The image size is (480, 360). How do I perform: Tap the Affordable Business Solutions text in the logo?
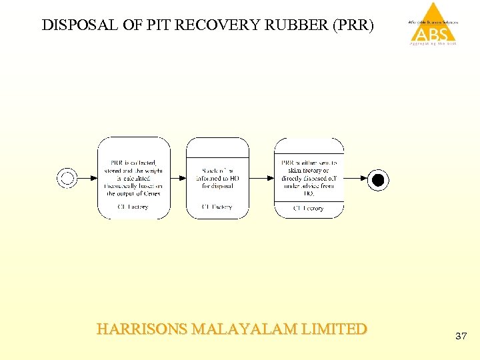[x=434, y=23]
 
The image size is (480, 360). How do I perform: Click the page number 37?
[x=461, y=336]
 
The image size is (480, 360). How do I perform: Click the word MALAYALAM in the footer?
[x=245, y=329]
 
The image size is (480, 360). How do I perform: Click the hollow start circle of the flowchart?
[x=67, y=178]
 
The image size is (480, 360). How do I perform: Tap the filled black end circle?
[x=378, y=179]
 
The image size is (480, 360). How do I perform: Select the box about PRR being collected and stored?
[x=133, y=178]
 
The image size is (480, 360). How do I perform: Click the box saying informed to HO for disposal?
[x=217, y=178]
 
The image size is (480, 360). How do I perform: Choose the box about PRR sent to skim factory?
[x=309, y=178]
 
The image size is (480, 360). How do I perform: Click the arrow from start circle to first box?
[x=87, y=178]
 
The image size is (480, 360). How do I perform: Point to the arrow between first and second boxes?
[x=177, y=178]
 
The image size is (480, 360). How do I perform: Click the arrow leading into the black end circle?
[x=356, y=178]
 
